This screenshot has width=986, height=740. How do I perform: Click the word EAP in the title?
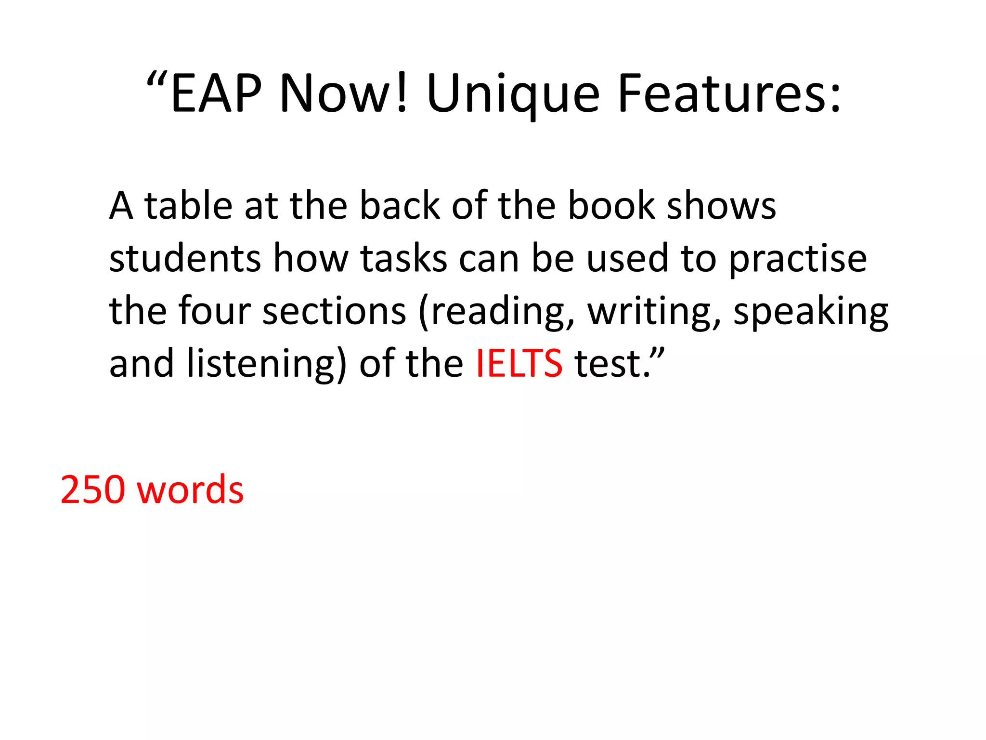[x=216, y=94]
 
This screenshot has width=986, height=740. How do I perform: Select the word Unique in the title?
[x=513, y=94]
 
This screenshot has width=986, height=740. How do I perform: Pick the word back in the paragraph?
[x=400, y=206]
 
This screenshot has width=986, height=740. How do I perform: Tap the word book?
[x=611, y=206]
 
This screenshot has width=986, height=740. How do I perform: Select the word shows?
[x=721, y=206]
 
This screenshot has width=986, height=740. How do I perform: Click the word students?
[x=185, y=259]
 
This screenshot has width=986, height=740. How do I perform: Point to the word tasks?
[x=403, y=259]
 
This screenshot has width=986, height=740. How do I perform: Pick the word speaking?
[x=810, y=312]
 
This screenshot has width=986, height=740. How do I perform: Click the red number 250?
[x=92, y=490]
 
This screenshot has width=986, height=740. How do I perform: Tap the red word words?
[x=190, y=490]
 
